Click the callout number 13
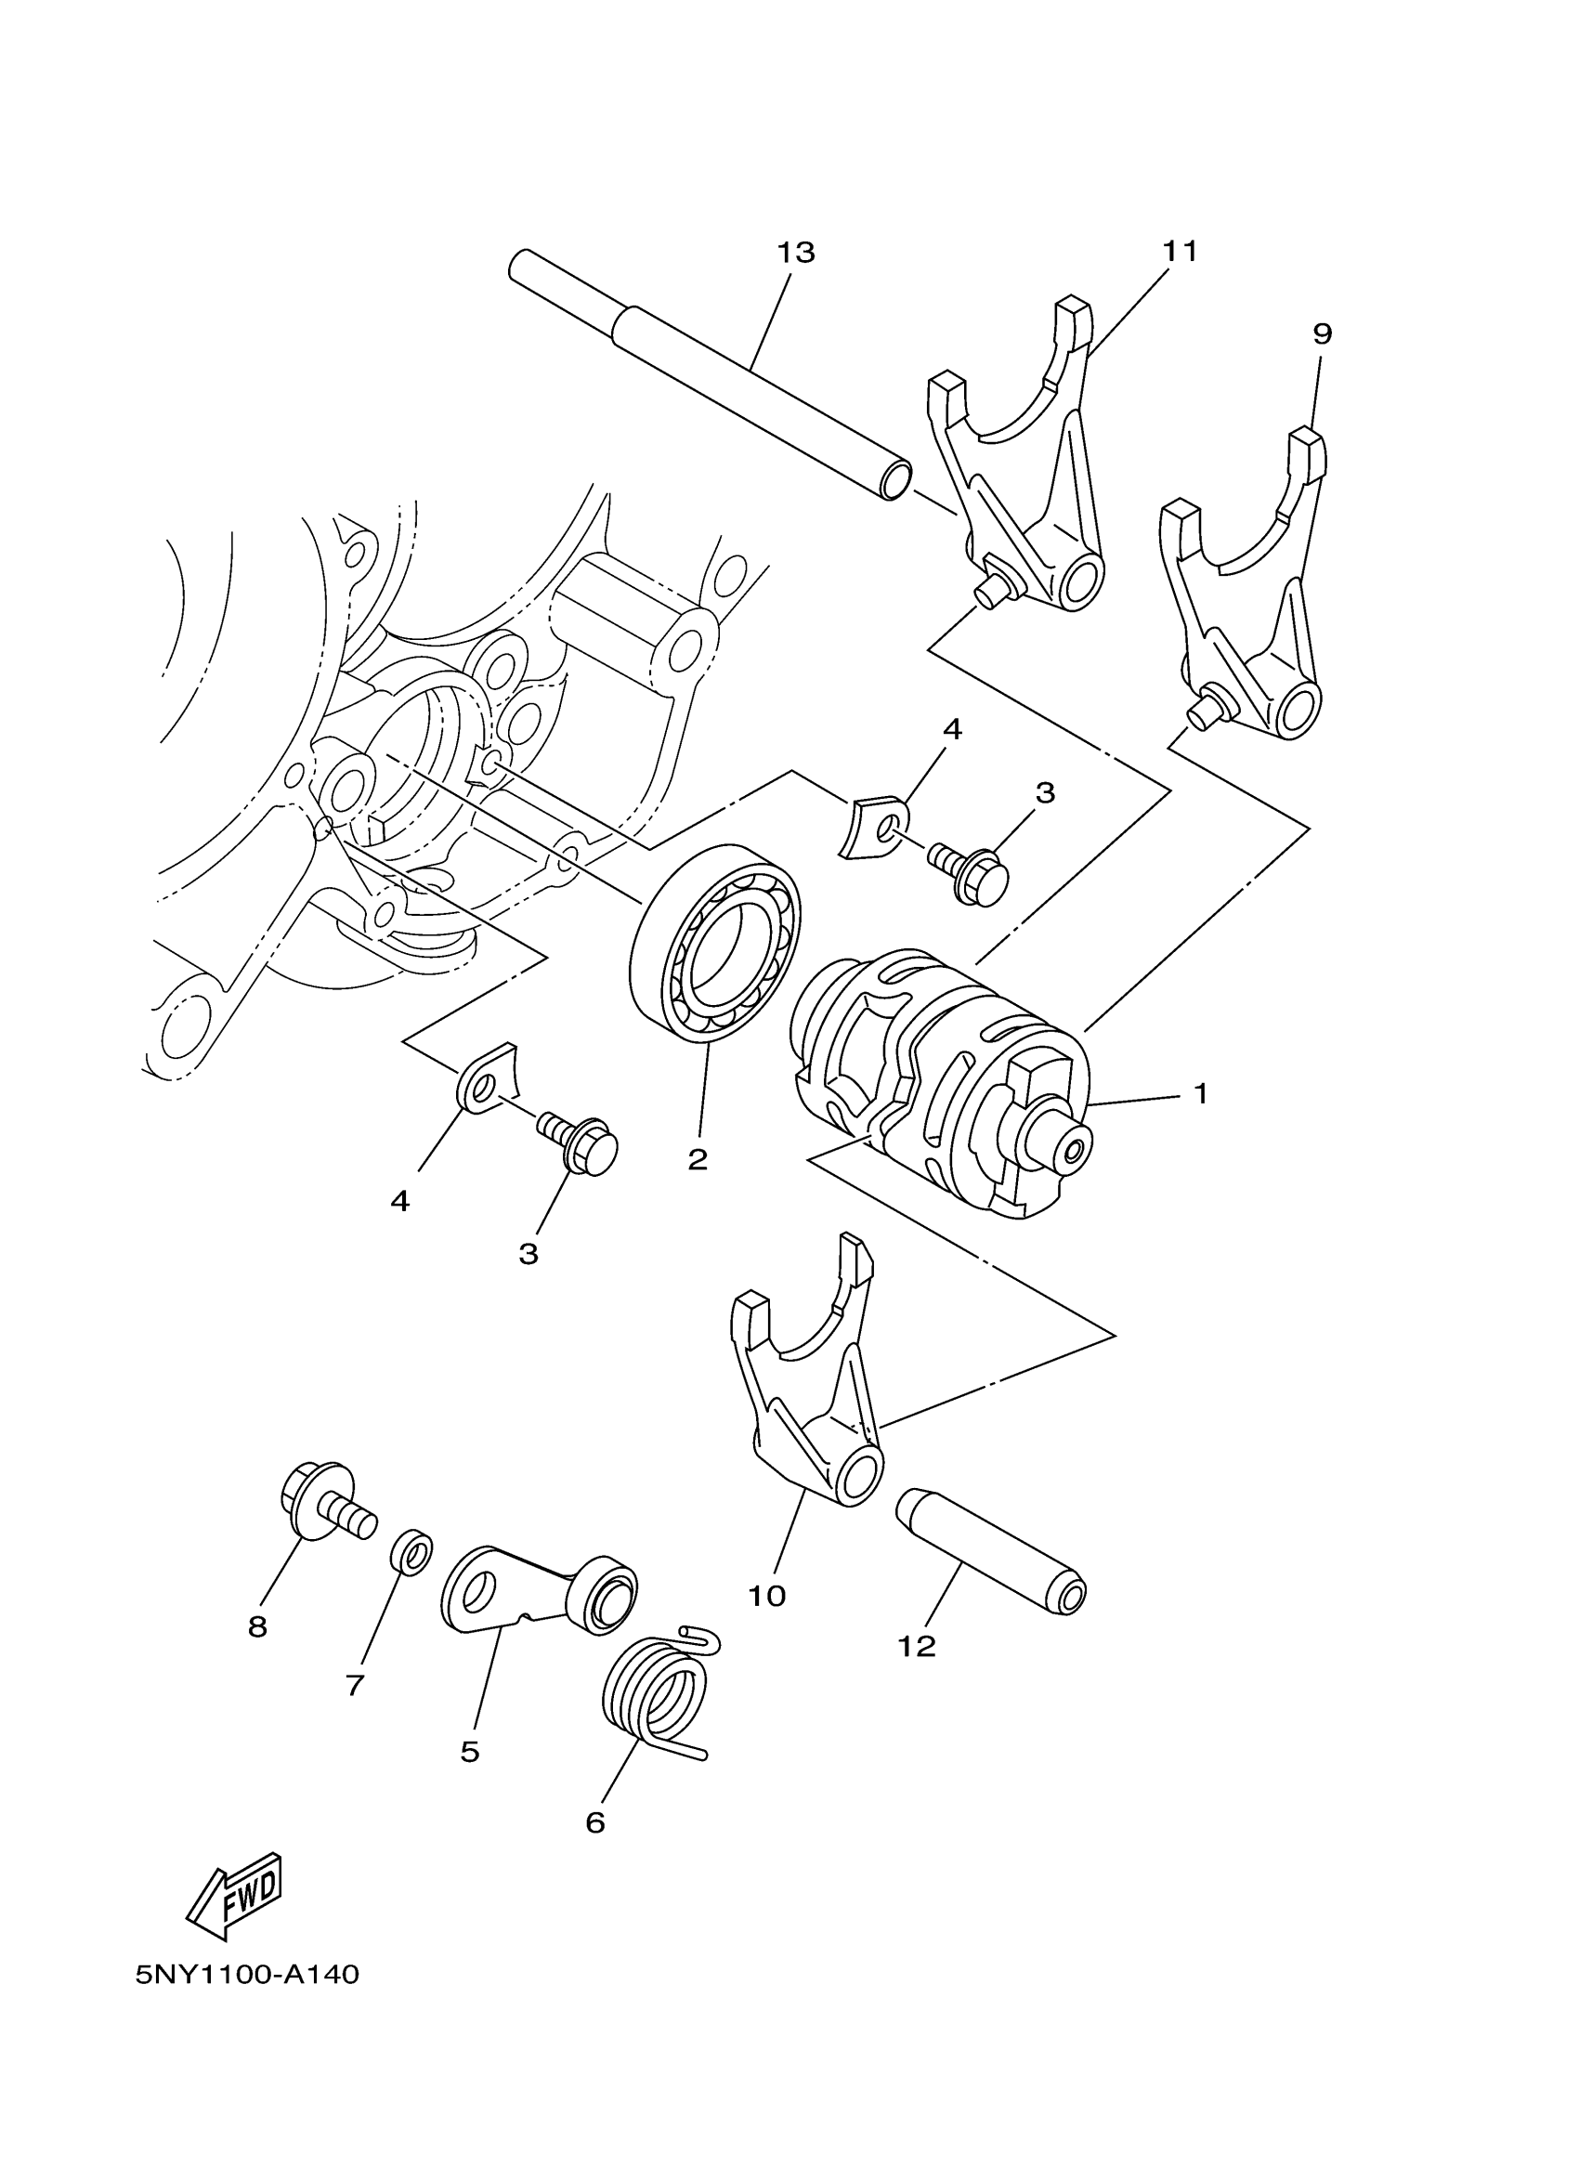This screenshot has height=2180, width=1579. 796,253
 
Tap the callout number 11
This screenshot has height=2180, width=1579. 1180,252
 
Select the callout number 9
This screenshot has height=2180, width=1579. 1322,334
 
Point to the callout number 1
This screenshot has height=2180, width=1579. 1199,1094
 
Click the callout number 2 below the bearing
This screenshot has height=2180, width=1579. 698,1159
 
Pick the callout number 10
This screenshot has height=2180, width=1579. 767,1597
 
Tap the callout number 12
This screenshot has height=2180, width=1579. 916,1647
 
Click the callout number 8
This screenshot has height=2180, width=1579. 257,1627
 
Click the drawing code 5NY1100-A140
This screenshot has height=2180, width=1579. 248,1975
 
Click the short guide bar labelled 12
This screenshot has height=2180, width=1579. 990,1552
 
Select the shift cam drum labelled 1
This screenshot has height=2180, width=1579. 942,1086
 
